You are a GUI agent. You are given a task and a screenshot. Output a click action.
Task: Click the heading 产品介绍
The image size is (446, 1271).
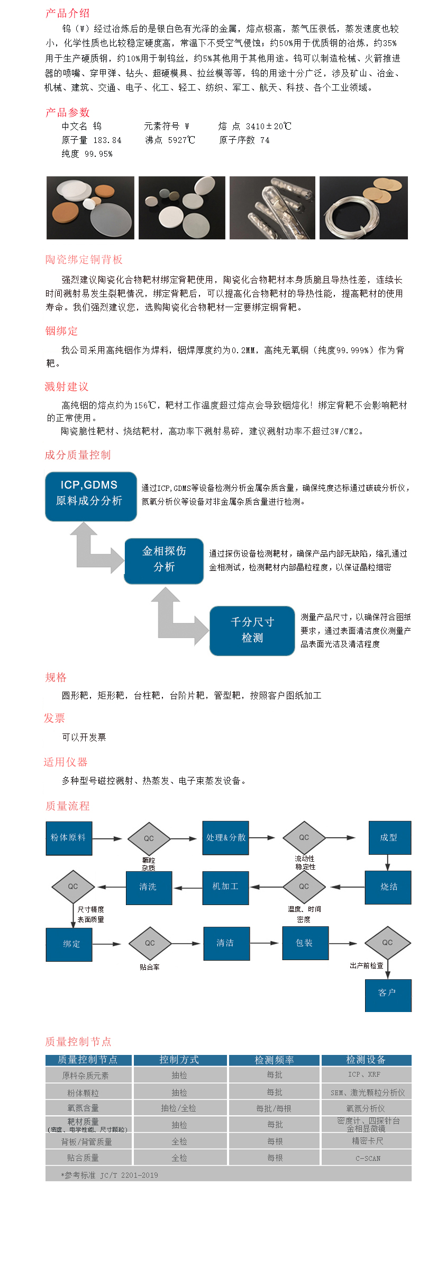pos(67,13)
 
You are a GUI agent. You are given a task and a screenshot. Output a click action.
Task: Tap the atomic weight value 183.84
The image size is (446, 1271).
pos(107,140)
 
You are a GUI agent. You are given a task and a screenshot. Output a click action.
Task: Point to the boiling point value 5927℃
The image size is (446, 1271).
pos(181,140)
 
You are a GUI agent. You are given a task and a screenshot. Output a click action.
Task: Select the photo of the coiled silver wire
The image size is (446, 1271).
pos(363,208)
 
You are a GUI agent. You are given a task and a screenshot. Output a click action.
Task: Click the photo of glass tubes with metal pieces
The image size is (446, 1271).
pos(272,208)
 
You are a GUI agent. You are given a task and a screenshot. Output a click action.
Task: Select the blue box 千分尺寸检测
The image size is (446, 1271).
pos(252,631)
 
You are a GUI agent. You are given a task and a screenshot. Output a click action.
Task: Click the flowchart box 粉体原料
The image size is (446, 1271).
pos(69,838)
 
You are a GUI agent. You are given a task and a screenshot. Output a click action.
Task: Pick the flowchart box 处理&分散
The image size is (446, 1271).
pos(225,838)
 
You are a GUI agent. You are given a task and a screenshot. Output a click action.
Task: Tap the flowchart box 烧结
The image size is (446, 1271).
pos(388,887)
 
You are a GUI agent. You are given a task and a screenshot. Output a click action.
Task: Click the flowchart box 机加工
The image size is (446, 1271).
pos(225,887)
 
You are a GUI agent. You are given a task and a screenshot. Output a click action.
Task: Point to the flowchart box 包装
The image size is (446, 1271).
pos(305,943)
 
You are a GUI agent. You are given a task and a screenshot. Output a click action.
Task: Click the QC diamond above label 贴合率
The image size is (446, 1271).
pos(150,943)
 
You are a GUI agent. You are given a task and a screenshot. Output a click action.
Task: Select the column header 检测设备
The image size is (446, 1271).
pos(366,1060)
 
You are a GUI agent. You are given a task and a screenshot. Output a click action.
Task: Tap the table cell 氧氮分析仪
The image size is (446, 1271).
pos(366,1108)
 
